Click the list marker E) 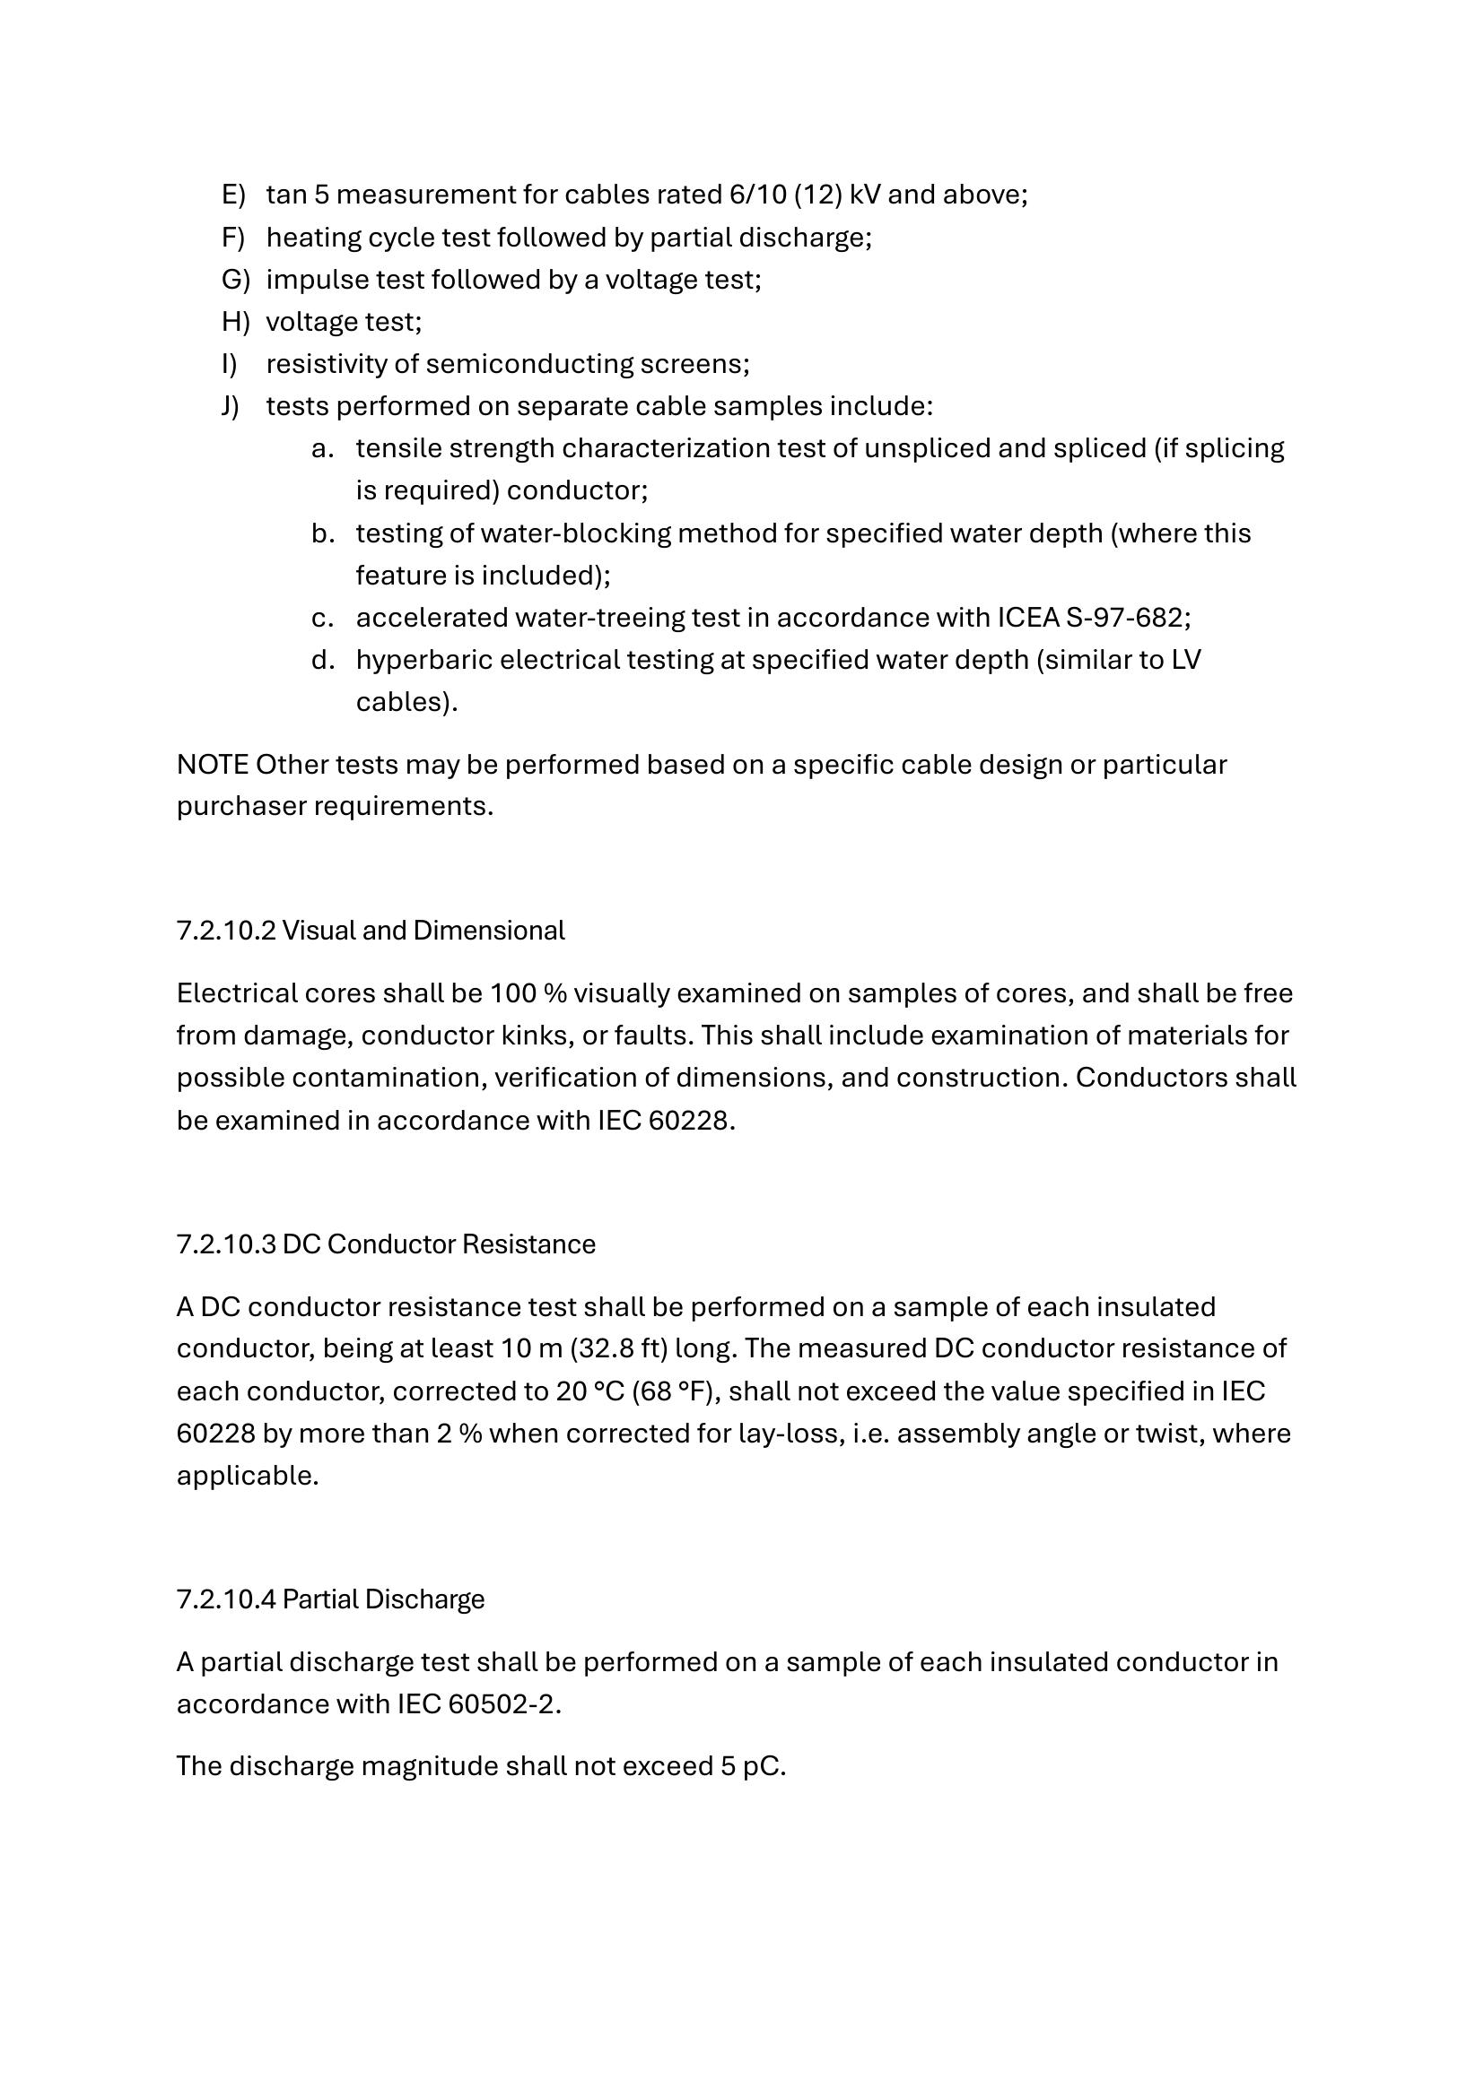[233, 195]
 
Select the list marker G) [235, 280]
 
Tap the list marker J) [231, 406]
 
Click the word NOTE [212, 765]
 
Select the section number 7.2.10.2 [226, 931]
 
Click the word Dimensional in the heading [489, 931]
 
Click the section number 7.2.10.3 [226, 1245]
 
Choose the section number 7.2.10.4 [226, 1599]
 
